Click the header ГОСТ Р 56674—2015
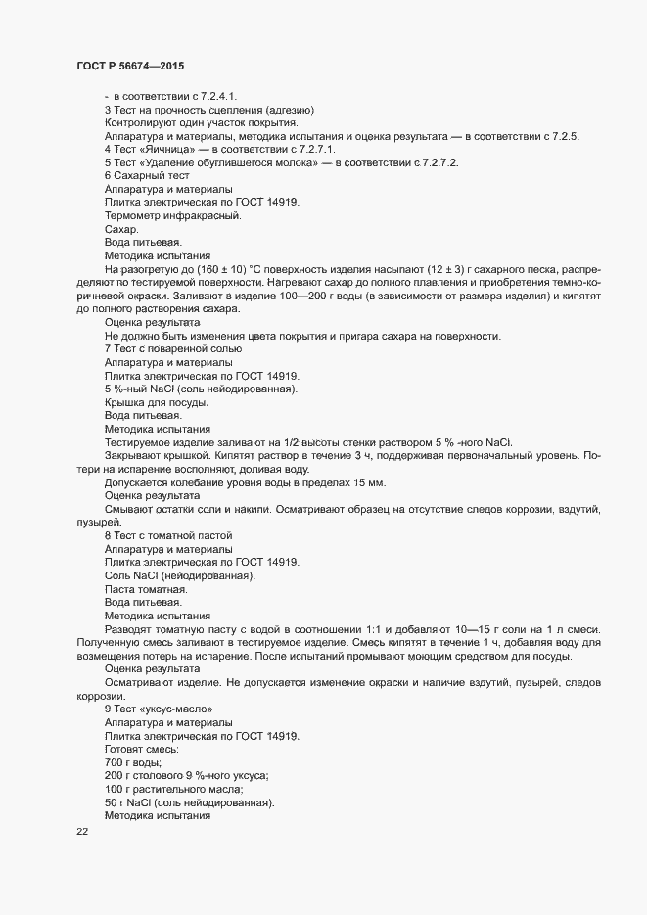(x=129, y=66)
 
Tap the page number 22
(x=82, y=834)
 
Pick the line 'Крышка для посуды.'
(x=157, y=403)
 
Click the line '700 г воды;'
(x=133, y=762)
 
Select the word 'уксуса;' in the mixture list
(x=247, y=776)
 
